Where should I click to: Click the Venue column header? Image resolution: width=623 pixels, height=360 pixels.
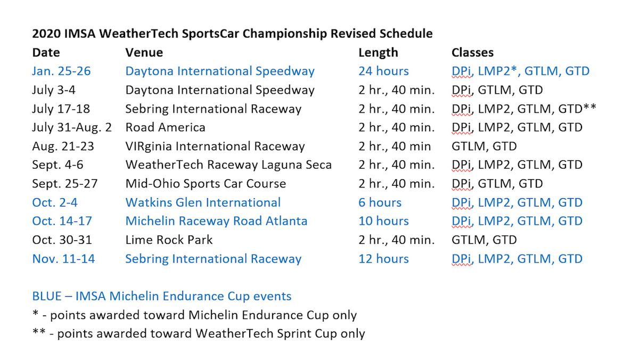[144, 52]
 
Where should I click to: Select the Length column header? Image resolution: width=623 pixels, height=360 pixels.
[378, 52]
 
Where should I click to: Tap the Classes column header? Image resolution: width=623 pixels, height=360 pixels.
[472, 52]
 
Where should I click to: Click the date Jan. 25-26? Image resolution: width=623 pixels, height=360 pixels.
[61, 71]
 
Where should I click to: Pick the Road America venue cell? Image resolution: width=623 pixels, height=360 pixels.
[165, 127]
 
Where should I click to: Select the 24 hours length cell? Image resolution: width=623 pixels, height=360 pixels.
[383, 71]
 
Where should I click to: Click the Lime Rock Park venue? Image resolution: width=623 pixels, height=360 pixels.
[169, 240]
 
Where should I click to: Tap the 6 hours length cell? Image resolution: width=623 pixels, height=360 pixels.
[380, 202]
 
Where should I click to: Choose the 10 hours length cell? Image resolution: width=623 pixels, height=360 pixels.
[383, 221]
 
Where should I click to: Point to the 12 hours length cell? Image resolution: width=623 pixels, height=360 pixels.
[383, 259]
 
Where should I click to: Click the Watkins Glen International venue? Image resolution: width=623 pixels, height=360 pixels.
[203, 202]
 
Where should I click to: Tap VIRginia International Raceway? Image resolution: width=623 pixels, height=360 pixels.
[215, 146]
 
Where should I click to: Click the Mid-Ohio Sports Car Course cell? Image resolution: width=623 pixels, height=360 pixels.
[206, 184]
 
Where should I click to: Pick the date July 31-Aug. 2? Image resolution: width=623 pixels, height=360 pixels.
[72, 127]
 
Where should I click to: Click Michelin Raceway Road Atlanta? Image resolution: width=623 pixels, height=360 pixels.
[216, 221]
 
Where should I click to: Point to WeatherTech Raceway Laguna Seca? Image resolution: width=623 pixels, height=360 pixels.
[228, 165]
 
